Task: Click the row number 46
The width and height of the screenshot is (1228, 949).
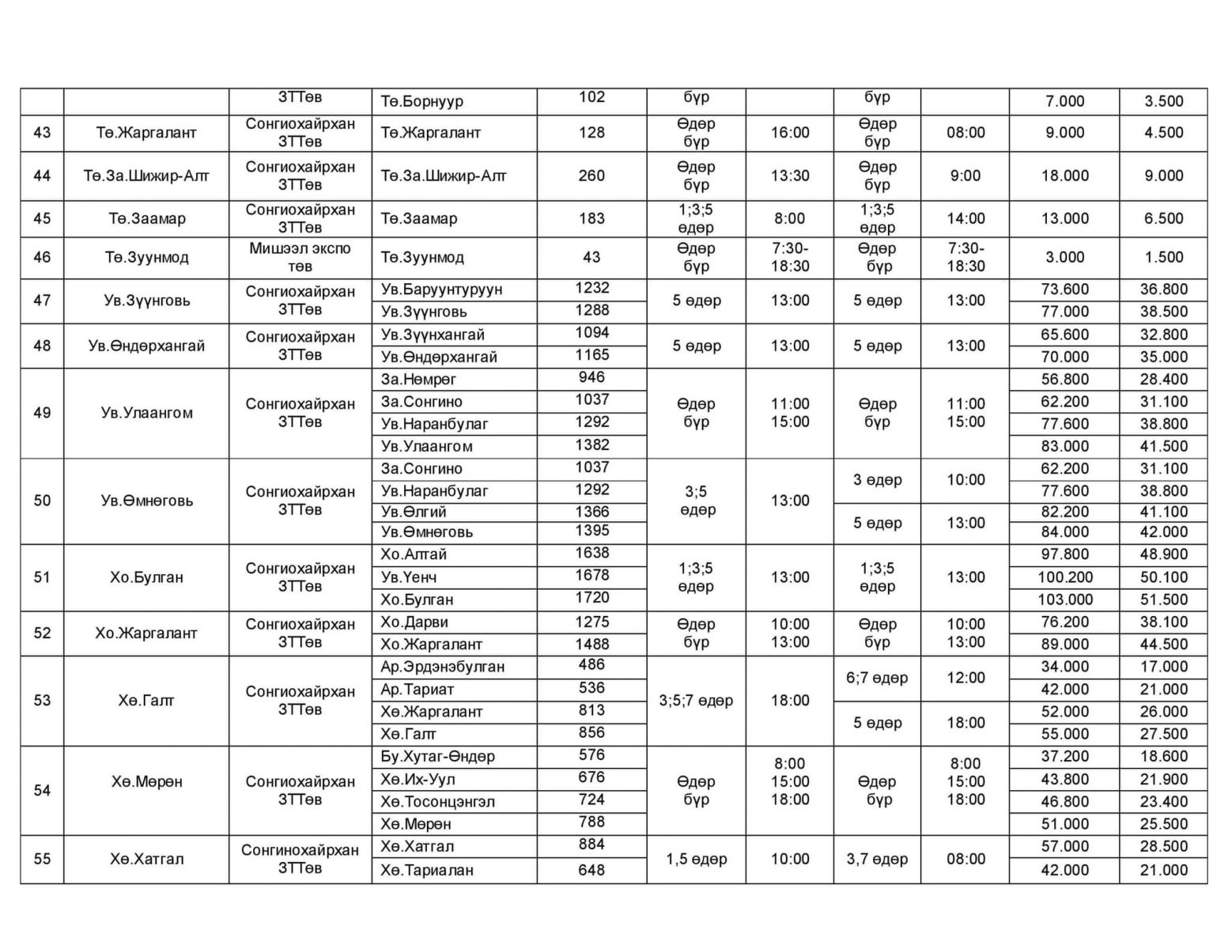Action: click(42, 257)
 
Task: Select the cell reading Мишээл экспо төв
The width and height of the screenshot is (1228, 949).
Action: click(300, 257)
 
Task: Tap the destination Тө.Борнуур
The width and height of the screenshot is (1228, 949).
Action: click(421, 101)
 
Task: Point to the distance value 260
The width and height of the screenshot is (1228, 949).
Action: click(591, 176)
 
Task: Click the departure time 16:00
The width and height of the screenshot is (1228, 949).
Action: click(790, 133)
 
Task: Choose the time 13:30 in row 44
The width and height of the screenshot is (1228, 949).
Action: click(790, 176)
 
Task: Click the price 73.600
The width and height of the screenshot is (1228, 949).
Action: click(1064, 289)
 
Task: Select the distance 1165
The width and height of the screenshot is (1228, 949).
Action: click(591, 355)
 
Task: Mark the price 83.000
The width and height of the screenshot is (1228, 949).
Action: click(1064, 446)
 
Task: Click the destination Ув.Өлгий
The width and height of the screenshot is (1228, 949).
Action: click(414, 512)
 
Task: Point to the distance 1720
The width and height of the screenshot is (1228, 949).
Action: click(591, 598)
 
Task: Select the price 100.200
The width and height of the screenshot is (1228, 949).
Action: click(1064, 577)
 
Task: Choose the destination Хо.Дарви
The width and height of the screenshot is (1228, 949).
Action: click(414, 622)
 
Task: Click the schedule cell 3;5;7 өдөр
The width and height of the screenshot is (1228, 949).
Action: click(696, 701)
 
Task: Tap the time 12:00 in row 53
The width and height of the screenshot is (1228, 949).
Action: click(965, 678)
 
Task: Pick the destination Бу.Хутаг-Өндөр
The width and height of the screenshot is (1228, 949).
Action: click(437, 757)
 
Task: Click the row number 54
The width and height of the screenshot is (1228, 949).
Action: click(42, 790)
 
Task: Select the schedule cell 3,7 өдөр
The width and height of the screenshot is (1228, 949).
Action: click(877, 859)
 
